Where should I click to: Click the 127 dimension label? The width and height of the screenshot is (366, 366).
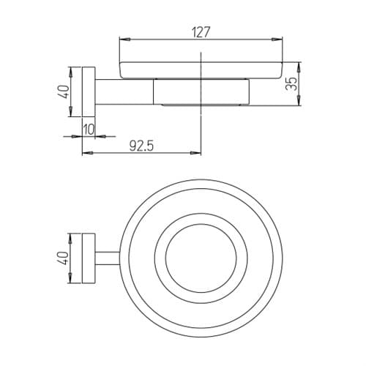(x=201, y=32)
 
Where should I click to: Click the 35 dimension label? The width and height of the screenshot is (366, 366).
(x=292, y=83)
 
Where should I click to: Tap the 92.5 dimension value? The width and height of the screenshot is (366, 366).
(x=141, y=146)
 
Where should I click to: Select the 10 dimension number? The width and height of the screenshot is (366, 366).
(x=89, y=130)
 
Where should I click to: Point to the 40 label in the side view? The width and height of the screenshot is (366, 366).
(x=64, y=91)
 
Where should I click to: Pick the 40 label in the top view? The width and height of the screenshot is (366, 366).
(x=64, y=258)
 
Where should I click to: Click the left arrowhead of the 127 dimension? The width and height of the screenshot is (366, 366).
(x=124, y=39)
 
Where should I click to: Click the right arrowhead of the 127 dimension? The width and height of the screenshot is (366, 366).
(x=277, y=39)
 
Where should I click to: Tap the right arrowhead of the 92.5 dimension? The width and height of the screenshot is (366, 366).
(x=196, y=153)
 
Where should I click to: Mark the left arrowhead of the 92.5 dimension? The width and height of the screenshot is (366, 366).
(x=87, y=153)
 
